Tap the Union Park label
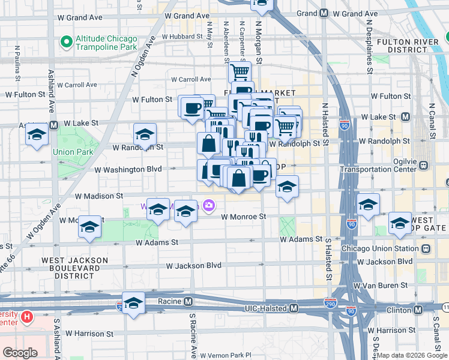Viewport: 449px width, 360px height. [x=73, y=152]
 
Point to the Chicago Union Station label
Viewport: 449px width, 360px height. [x=379, y=248]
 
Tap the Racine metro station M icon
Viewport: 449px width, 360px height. [x=188, y=301]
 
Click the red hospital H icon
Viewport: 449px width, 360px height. [x=26, y=316]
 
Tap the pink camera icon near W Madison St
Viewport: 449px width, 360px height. [x=209, y=206]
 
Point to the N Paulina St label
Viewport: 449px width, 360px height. [x=18, y=63]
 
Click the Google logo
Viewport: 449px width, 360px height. [x=20, y=353]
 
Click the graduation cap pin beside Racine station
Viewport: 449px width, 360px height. [x=133, y=302]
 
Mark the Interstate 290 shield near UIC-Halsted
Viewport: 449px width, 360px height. [x=330, y=303]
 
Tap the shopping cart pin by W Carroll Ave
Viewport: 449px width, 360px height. [x=240, y=71]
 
